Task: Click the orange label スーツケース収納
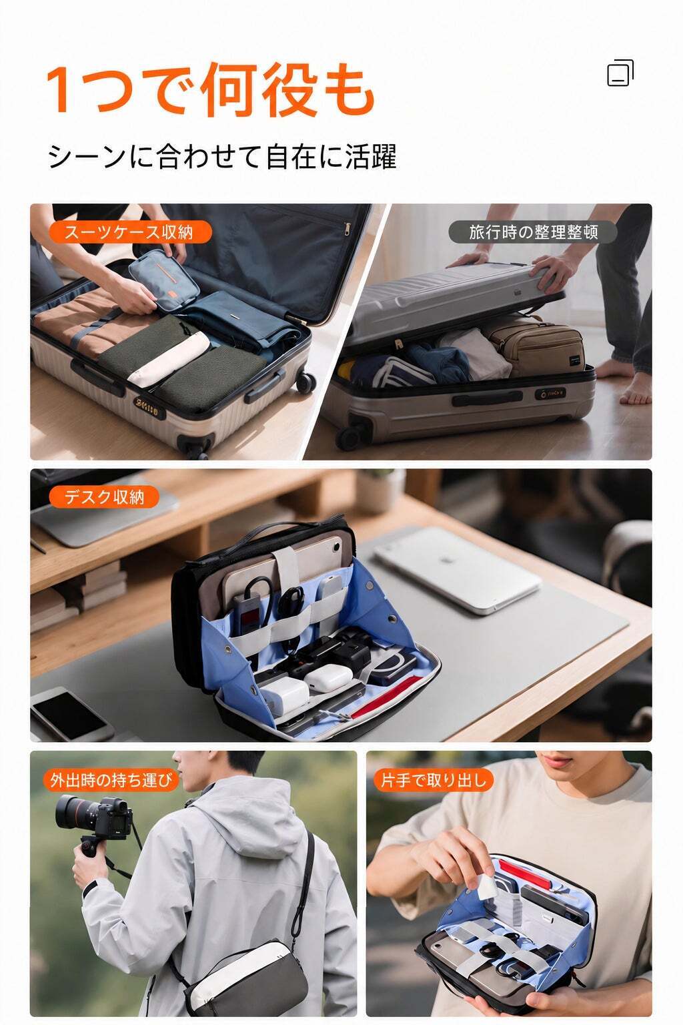130,232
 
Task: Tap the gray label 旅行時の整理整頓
533,232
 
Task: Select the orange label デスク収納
104,497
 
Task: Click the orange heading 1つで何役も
210,89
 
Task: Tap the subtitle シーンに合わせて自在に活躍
222,156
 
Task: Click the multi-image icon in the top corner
620,73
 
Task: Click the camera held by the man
95,816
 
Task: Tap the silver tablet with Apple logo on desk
458,569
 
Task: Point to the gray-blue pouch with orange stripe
164,280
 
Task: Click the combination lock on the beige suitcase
148,407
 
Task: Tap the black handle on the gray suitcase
487,398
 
